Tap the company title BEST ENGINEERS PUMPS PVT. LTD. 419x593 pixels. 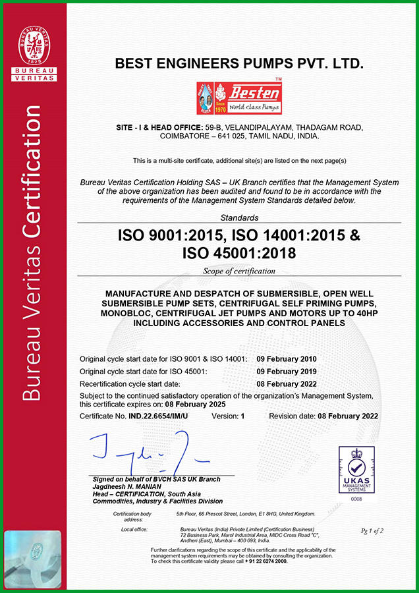coord(239,64)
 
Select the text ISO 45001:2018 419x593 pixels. coord(239,253)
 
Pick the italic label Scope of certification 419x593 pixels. coord(239,271)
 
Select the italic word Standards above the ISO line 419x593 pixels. coord(239,217)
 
